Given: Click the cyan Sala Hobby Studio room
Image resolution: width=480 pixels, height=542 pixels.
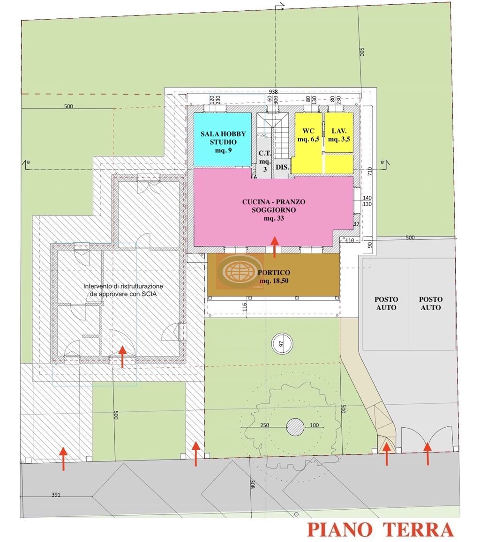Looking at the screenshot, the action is point(222,140).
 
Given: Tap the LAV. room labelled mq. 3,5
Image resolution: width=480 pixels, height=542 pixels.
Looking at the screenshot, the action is point(339,133).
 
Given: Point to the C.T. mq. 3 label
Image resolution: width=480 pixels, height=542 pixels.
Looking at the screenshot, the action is point(265,161).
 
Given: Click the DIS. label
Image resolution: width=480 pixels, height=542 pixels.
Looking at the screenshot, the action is point(282,167).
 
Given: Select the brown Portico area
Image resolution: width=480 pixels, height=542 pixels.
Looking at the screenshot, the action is point(274,275).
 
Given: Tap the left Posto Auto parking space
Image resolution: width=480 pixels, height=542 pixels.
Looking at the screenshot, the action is point(386,304).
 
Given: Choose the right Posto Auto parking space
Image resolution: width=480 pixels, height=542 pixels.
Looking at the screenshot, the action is point(431,304).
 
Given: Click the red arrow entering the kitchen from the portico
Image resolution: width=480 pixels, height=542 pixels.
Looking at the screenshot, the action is point(275,247).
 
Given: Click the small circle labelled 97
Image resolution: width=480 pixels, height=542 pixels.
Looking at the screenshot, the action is point(282,344).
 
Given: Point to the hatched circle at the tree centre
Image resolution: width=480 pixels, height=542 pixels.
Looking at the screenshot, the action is point(295,427).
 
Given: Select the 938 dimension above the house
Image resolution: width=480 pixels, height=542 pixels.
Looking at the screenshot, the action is point(273,92).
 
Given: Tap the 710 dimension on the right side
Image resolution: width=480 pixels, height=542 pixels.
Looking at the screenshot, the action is point(370,172).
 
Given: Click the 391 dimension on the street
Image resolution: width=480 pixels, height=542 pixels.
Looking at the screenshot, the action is point(56,495).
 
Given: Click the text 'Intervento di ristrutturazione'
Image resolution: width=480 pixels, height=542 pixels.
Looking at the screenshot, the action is point(123,286).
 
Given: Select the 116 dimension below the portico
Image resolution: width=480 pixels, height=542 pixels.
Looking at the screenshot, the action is point(245,307).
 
